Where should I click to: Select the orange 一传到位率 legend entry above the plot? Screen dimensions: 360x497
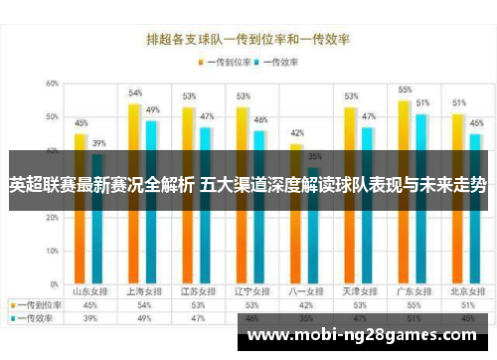[225, 62]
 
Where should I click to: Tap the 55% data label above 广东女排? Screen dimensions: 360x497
[405, 90]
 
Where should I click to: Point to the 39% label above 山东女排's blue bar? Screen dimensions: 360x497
[98, 143]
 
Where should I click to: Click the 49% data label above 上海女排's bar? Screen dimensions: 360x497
[153, 110]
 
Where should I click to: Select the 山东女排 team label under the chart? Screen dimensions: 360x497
[89, 292]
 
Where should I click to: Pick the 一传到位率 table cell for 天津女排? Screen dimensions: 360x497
[352, 305]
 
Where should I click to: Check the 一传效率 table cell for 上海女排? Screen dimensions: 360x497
[143, 318]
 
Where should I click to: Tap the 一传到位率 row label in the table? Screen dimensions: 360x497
[36, 305]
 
